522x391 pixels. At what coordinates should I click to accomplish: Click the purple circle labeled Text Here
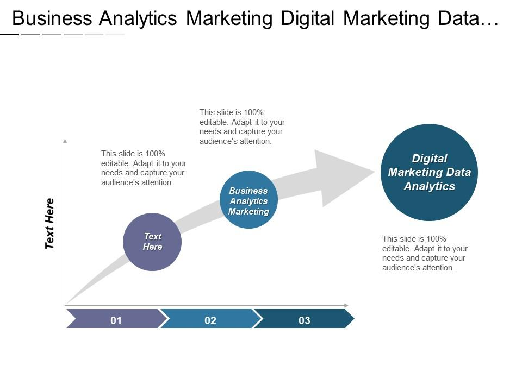tap(152, 242)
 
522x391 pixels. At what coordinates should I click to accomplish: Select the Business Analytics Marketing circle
tap(248, 199)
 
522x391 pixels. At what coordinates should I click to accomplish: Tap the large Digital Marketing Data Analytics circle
tap(429, 172)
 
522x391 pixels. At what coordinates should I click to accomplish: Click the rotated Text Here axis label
tap(49, 223)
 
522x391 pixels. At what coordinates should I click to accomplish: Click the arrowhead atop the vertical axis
tap(65, 141)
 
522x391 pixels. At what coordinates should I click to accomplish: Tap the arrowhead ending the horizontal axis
tap(346, 305)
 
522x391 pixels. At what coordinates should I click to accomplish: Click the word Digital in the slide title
tap(307, 18)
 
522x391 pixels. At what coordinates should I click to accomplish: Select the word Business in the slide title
tap(52, 18)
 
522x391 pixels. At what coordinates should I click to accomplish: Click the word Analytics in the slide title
tap(138, 18)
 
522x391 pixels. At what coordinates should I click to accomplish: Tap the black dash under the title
tap(9, 34)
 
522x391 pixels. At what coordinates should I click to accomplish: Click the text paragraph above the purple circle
tap(144, 168)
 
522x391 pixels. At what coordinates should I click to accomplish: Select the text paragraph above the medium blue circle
tap(242, 127)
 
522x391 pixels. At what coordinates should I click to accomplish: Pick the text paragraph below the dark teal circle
tap(425, 254)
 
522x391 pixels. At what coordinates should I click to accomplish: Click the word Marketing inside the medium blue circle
tap(248, 211)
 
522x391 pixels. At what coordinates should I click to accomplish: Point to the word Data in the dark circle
tap(458, 172)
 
